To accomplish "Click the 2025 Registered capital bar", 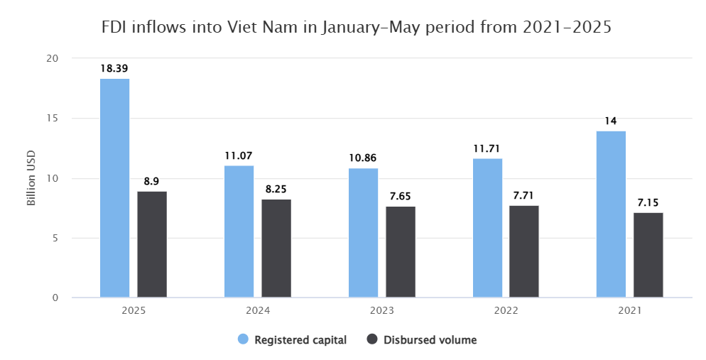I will click(x=114, y=188).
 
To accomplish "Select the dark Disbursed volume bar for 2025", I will click(x=152, y=244).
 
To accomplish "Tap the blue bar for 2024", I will click(x=239, y=231).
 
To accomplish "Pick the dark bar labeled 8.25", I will click(x=276, y=249).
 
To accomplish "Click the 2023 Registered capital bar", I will click(x=363, y=233).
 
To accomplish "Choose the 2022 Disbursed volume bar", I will click(x=524, y=251).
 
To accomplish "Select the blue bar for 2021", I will click(x=611, y=214).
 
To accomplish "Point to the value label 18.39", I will click(x=114, y=68).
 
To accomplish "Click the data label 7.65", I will click(x=401, y=196).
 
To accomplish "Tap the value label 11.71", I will click(x=487, y=148).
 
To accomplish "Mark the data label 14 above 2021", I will click(x=611, y=121).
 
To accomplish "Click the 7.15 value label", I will click(x=648, y=202).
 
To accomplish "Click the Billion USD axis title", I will click(x=31, y=178).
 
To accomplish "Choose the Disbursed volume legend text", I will click(x=430, y=340).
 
